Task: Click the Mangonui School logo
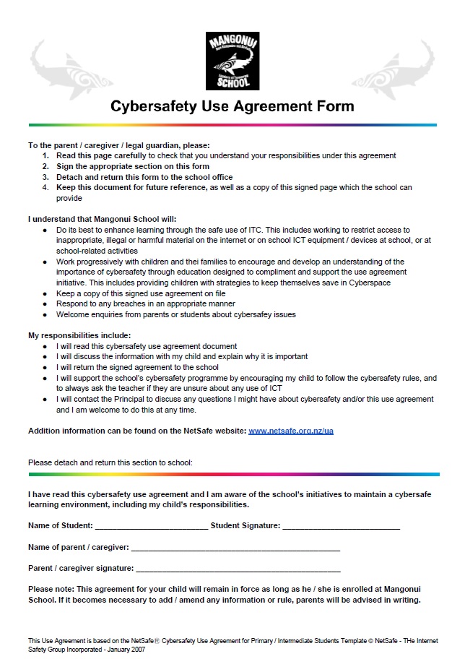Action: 232,61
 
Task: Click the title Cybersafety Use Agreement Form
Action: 232,107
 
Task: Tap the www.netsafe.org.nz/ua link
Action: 290,431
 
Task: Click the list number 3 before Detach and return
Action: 45,177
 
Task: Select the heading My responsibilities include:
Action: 79,335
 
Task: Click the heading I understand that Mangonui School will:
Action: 102,219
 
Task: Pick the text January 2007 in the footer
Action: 128,649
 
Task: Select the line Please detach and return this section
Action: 110,461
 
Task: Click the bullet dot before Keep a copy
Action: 46,294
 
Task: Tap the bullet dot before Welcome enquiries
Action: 46,315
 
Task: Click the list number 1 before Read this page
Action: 45,155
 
